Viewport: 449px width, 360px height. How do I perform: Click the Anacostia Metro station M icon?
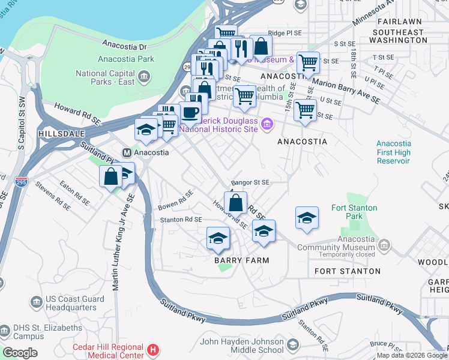127,152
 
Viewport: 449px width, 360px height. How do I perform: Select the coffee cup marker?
190,112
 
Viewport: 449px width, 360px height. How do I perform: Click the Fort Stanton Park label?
354,212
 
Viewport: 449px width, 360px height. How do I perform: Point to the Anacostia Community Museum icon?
384,244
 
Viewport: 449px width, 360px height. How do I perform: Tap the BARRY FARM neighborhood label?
241,260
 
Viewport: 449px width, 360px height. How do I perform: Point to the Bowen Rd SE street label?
175,200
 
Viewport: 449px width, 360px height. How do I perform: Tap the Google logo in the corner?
20,353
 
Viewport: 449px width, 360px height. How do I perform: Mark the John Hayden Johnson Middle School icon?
292,345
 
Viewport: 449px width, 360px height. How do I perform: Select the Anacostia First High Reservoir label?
394,152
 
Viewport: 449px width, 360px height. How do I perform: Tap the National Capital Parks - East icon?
144,76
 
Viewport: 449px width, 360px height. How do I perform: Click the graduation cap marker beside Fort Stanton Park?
307,218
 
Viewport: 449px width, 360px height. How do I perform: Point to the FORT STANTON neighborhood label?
348,271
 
